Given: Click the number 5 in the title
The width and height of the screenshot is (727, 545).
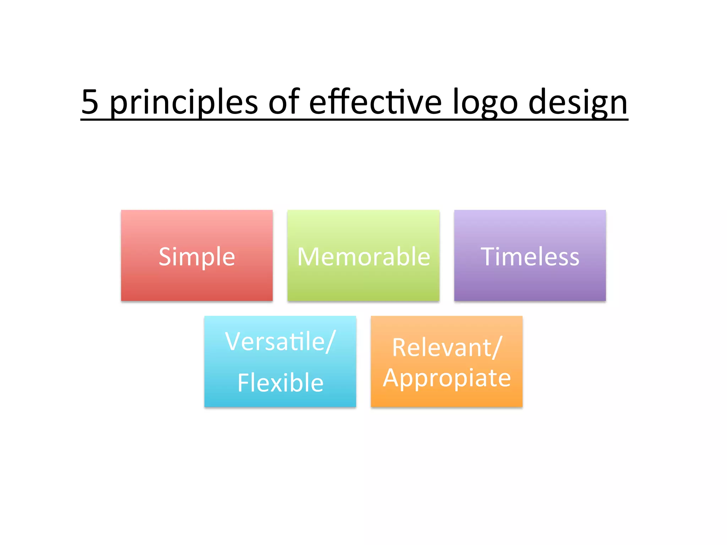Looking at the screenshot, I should click(90, 102).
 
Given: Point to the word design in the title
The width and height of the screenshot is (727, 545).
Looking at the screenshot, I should click(578, 103).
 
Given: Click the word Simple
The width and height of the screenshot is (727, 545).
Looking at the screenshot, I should click(197, 257).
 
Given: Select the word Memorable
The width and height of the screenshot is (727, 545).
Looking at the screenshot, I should click(363, 257).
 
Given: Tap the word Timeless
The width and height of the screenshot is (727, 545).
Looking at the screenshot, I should click(530, 257).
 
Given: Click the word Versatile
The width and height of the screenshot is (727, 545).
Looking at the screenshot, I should click(275, 342).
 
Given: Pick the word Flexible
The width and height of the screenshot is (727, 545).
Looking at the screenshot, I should click(280, 383).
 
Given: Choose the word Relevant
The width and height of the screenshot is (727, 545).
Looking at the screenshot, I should click(442, 348).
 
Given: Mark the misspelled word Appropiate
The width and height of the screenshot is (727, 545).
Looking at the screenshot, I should click(447, 378).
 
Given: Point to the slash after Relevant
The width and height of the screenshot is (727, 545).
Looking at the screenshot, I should click(497, 348).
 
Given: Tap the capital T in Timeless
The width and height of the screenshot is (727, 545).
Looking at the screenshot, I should click(488, 257).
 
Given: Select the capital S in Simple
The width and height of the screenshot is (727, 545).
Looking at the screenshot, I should click(165, 257).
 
